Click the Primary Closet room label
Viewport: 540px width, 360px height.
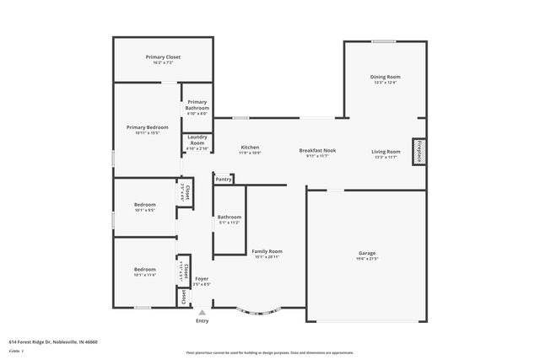163,57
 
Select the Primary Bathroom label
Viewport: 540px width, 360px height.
197,105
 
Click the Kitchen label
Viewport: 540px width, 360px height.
250,147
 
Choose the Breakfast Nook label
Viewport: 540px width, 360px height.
318,151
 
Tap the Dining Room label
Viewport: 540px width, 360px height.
385,77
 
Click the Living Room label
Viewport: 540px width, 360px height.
386,151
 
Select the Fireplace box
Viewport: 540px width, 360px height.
418,151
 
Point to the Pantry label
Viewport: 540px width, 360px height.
224,179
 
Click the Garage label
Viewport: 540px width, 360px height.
367,252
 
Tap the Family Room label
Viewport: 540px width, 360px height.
267,251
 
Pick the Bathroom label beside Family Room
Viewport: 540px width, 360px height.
229,218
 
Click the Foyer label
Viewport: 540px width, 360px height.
202,278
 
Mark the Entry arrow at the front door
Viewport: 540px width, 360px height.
202,313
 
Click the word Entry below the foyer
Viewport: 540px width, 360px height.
202,321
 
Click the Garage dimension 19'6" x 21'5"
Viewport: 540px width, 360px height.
367,258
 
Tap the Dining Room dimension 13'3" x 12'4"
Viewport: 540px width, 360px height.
385,83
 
